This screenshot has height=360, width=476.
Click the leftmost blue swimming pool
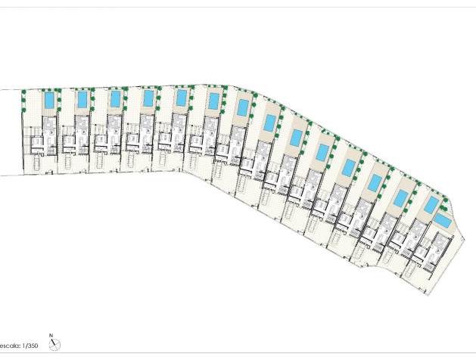pos(49,101)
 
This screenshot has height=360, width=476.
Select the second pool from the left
pos(82,100)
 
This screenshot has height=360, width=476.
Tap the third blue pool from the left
pos(115,99)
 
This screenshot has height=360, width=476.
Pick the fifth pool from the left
pos(181,98)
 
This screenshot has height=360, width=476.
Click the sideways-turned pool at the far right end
pos(443,221)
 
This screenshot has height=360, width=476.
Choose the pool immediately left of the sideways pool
pos(431,205)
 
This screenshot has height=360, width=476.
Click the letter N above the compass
pos(51,335)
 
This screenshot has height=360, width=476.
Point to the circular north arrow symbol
pos(54,345)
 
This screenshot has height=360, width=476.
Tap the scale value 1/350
pos(30,346)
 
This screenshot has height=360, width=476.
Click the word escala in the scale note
pos(10,346)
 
